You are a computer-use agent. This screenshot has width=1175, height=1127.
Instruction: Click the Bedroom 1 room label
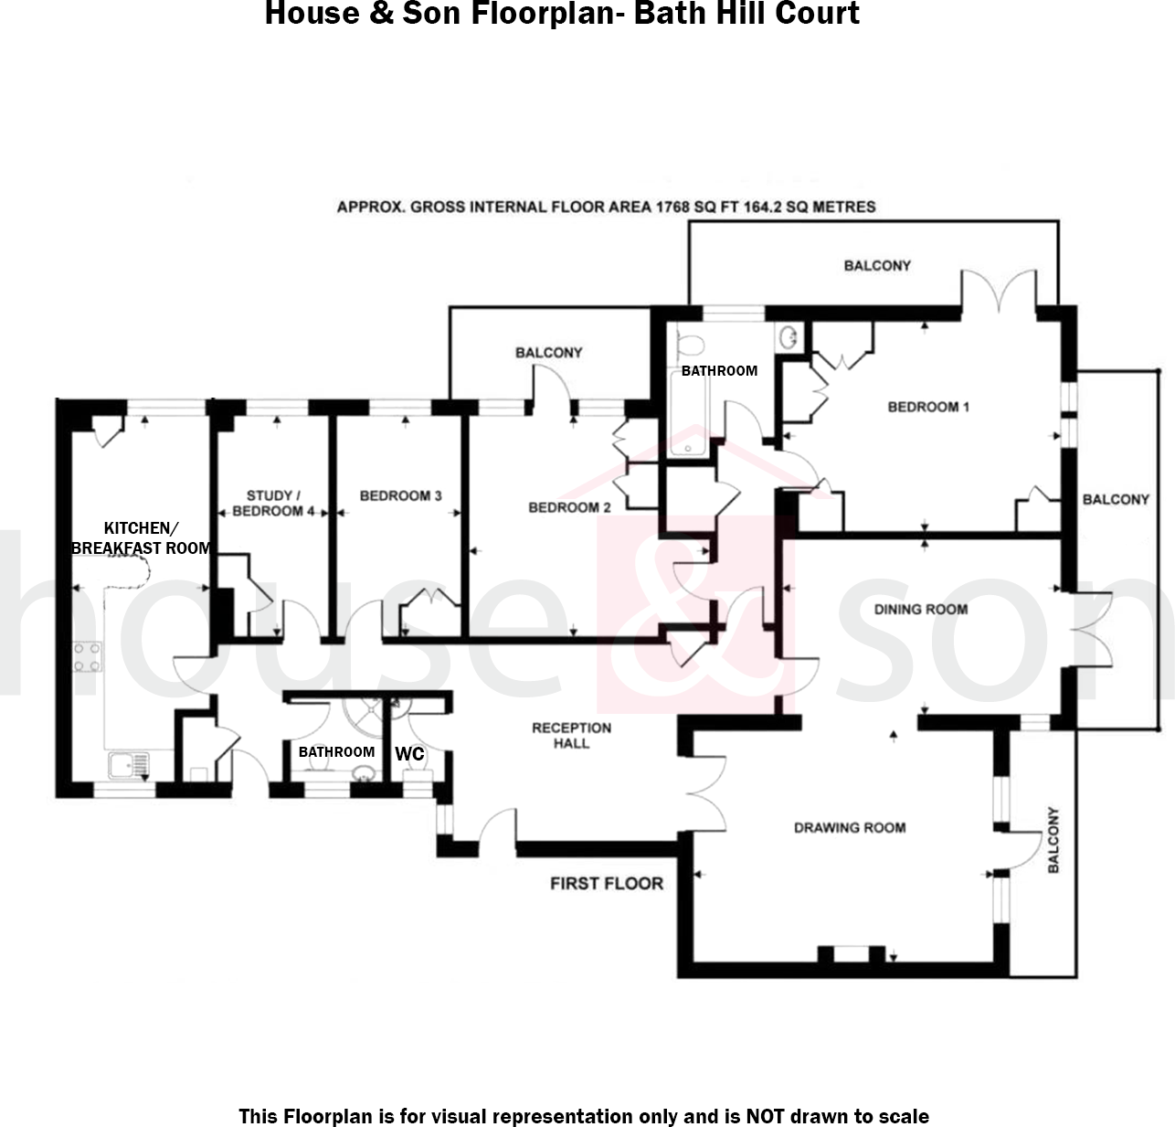928,407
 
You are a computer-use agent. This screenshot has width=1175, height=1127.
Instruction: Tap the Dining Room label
920,609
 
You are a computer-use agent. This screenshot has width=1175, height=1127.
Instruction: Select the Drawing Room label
850,827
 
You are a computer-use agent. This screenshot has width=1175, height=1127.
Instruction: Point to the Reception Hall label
572,735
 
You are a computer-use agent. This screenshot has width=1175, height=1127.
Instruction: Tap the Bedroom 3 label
400,495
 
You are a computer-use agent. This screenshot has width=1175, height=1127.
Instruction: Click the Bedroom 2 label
570,507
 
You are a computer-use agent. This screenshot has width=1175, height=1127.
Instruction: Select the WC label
409,754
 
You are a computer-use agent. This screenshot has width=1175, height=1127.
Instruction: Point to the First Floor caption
607,883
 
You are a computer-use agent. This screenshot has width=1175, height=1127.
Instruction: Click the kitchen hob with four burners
87,657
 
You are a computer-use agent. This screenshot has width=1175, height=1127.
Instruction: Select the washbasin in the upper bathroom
789,338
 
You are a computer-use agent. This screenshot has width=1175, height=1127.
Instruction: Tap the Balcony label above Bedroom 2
548,352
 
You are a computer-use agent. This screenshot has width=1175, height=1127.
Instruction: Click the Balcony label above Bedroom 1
877,265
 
